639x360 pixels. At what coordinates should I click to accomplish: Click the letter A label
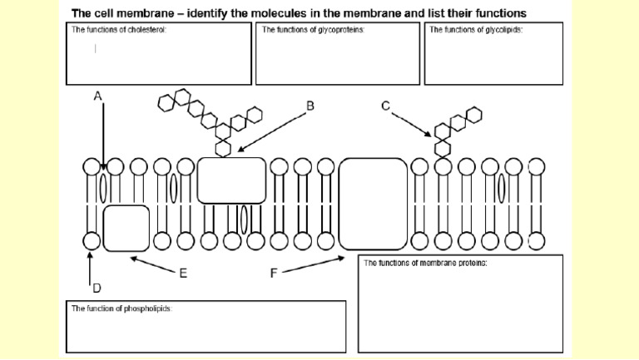(x=98, y=96)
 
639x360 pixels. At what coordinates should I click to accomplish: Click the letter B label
(x=310, y=106)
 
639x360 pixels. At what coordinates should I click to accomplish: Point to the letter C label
(x=385, y=105)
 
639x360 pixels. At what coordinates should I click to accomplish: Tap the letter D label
(x=96, y=288)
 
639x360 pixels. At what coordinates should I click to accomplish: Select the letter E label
(x=182, y=272)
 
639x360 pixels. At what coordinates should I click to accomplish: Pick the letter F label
(x=275, y=272)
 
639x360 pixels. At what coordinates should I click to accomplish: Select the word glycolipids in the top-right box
(x=503, y=29)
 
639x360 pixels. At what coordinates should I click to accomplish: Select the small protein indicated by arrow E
(x=126, y=228)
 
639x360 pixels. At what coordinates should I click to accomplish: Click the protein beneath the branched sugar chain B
(x=231, y=180)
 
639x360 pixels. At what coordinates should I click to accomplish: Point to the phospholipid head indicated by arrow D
(x=92, y=241)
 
